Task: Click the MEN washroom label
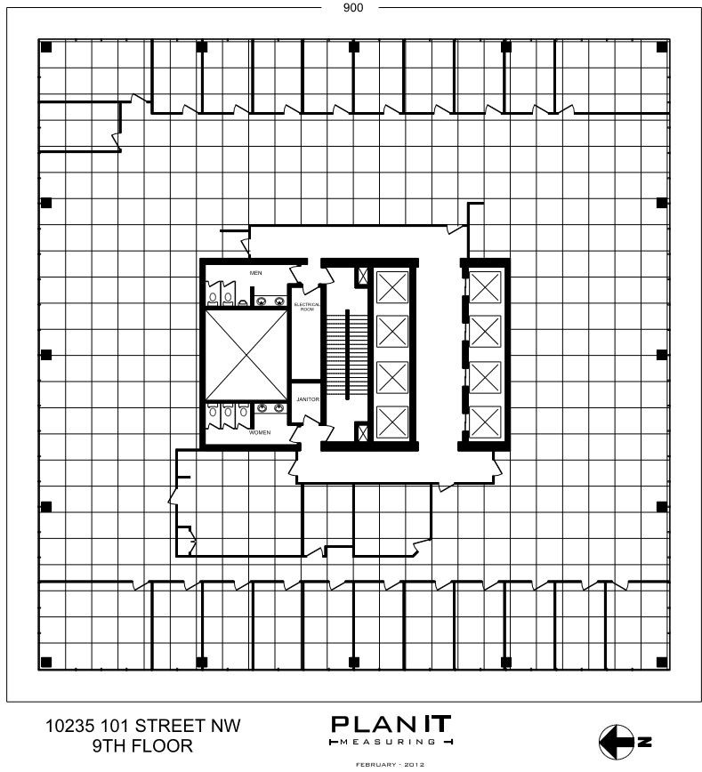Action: [x=255, y=272]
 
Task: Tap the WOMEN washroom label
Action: [x=259, y=432]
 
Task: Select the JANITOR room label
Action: [x=307, y=399]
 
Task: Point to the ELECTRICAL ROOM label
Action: [x=306, y=307]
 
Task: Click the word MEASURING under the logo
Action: [x=391, y=741]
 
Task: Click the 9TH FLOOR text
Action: [x=142, y=746]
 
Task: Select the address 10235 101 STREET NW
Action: [x=142, y=726]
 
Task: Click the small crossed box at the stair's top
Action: [x=362, y=277]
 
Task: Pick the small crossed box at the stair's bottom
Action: [x=362, y=432]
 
